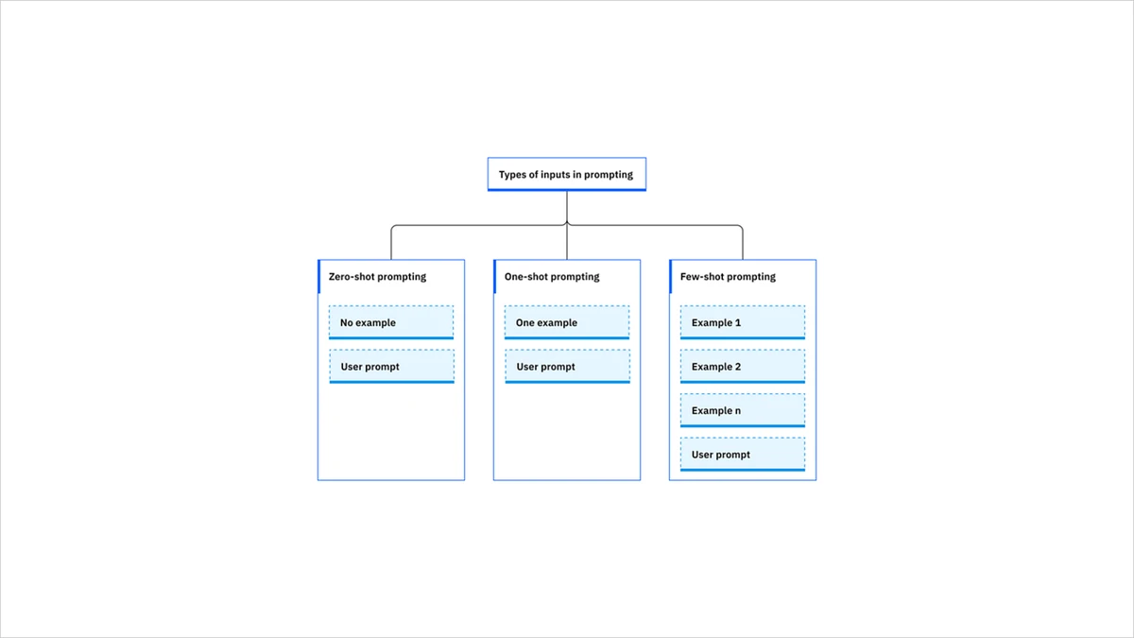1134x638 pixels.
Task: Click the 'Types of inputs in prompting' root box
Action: click(x=566, y=175)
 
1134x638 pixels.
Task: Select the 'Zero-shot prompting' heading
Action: click(x=377, y=277)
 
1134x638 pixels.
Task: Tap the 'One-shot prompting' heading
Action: click(x=552, y=277)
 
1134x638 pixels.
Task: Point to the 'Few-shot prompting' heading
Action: click(x=728, y=277)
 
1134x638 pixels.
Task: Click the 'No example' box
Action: click(x=391, y=322)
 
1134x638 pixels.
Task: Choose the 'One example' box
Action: click(x=567, y=322)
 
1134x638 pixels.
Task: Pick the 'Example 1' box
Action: click(x=743, y=322)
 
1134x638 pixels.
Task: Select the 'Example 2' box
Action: click(x=743, y=367)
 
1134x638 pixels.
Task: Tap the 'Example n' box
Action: click(x=743, y=411)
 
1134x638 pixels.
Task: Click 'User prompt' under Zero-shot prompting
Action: click(x=391, y=367)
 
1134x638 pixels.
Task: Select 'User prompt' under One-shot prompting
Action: click(x=567, y=367)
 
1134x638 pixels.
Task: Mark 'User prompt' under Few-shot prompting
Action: click(x=743, y=455)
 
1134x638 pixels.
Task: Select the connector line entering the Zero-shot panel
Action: click(x=391, y=246)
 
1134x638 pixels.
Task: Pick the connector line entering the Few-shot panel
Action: click(x=743, y=246)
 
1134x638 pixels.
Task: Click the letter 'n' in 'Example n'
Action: click(x=738, y=411)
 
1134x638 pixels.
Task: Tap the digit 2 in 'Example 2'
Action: click(x=738, y=367)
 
